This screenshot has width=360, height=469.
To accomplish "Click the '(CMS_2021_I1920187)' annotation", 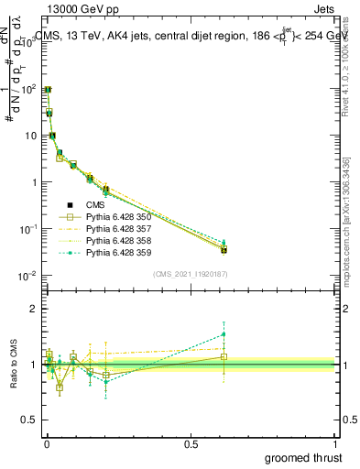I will coord(190,274).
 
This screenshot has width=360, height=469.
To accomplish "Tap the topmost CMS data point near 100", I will coord(47,90).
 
